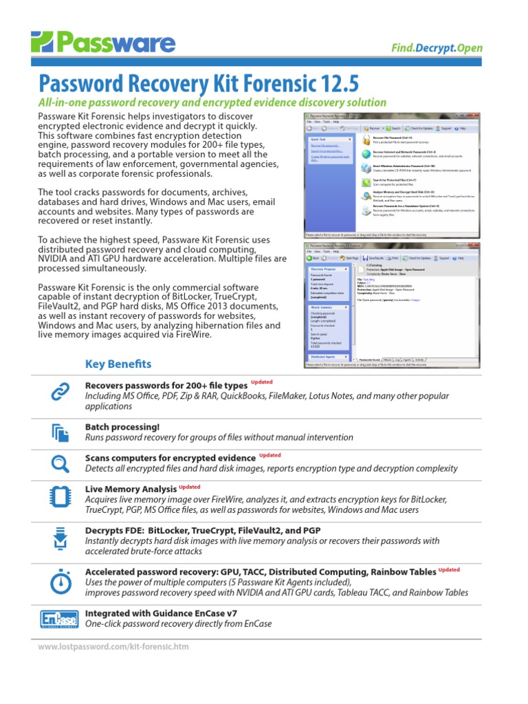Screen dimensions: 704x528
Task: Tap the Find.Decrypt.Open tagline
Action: coord(437,48)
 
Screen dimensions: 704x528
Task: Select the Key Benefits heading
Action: coord(118,364)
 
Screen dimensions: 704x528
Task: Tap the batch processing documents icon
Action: coord(58,432)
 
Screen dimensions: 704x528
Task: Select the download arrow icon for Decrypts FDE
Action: coord(58,538)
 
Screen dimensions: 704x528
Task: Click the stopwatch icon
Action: coord(58,581)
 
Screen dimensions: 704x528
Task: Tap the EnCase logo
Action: coord(58,619)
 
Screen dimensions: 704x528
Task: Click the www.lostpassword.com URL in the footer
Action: coord(113,647)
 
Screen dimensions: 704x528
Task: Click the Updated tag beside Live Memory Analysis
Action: coord(189,487)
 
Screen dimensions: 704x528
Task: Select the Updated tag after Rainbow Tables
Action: coord(449,569)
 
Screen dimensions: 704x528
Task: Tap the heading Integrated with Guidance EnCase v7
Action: coord(161,613)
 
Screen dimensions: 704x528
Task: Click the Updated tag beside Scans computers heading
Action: coord(269,455)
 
